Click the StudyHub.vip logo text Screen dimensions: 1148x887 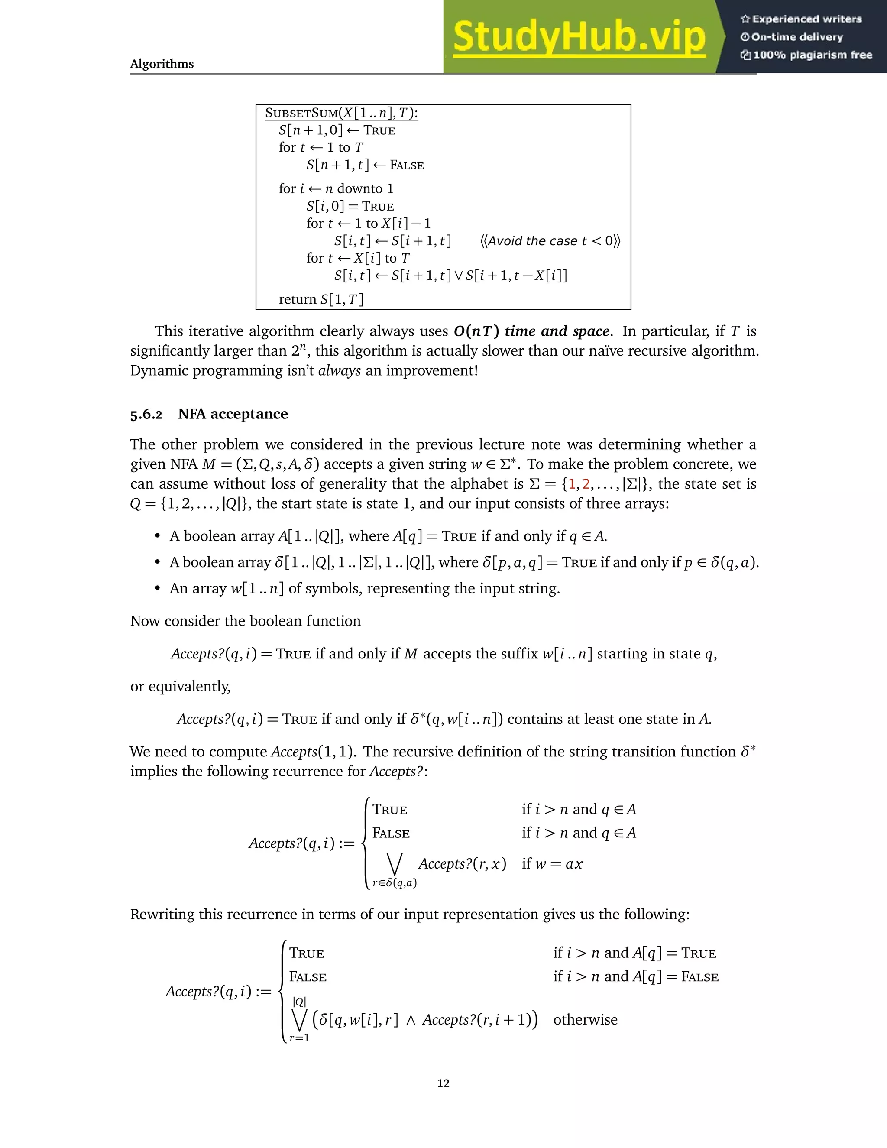579,37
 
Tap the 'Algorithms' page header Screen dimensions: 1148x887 162,64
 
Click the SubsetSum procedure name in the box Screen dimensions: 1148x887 301,113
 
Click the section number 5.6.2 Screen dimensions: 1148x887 146,415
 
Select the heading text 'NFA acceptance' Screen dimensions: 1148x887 233,414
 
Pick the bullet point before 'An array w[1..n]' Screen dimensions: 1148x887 157,588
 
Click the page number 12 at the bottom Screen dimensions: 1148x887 443,1083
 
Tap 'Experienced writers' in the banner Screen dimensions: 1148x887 806,19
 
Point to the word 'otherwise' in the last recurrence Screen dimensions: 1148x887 586,1020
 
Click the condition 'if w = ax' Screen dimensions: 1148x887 552,864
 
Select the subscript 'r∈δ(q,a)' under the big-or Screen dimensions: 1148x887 394,883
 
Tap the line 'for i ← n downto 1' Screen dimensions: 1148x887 336,189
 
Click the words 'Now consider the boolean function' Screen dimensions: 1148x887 246,621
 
